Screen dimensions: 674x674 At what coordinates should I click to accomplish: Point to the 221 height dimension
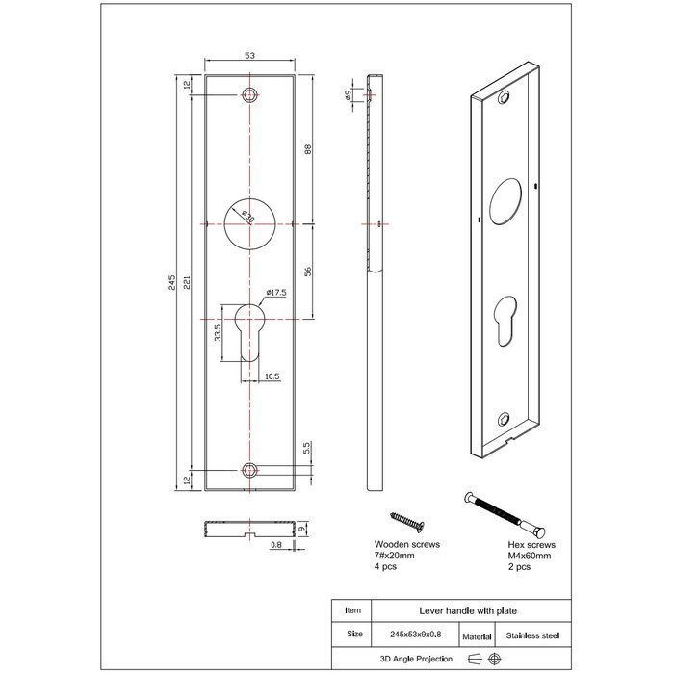(x=190, y=283)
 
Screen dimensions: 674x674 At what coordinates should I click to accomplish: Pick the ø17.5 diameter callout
(x=276, y=293)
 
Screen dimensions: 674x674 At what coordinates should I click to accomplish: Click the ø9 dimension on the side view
(x=347, y=94)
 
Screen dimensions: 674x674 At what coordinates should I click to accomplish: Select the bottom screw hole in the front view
(x=249, y=470)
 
